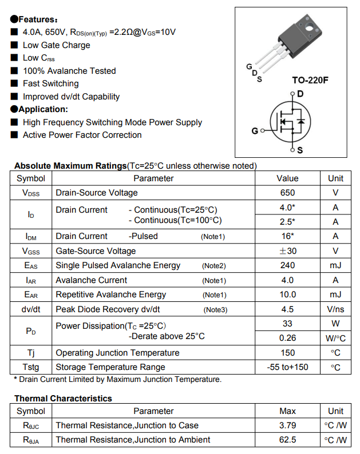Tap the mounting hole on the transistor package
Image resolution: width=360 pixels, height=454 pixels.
coord(311,25)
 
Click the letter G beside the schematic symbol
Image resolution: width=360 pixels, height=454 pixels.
coord(255,131)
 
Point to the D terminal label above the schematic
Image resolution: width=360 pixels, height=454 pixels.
coord(300,94)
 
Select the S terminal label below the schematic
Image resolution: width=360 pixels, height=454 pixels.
coord(300,151)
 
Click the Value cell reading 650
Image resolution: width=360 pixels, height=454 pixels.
coord(287,193)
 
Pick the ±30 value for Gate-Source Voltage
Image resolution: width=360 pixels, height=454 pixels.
coord(287,251)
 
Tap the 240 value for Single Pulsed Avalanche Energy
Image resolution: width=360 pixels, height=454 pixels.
coord(287,265)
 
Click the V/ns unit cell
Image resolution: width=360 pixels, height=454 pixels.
coord(335,309)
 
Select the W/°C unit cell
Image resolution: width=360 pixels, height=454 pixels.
coord(335,338)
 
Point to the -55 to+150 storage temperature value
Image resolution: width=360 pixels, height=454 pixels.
coord(287,367)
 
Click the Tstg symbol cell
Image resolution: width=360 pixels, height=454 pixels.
coord(31,367)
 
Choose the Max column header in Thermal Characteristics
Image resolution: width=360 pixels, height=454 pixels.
coord(287,411)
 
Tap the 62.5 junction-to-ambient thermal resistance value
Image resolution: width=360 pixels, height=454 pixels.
coord(287,440)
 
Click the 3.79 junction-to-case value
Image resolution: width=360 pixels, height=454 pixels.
coord(287,425)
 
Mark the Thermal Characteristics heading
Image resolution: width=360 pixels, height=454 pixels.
coord(63,399)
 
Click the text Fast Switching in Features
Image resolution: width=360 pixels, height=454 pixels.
coord(50,83)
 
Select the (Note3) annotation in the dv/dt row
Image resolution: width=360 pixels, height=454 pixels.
coord(215,310)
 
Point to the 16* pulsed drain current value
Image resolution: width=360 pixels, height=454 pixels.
coord(287,236)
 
